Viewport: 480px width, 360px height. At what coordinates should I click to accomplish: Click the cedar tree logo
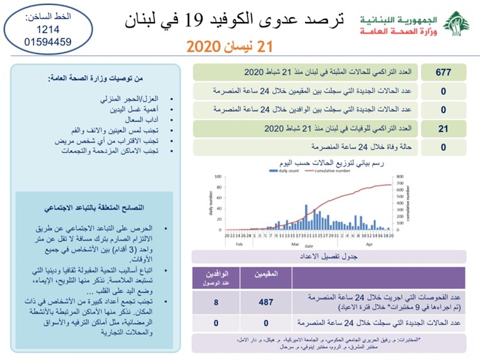tap(455, 25)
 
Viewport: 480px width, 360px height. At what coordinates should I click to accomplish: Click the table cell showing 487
tap(265, 301)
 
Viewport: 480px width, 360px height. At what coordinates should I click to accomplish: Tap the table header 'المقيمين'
tap(265, 275)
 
